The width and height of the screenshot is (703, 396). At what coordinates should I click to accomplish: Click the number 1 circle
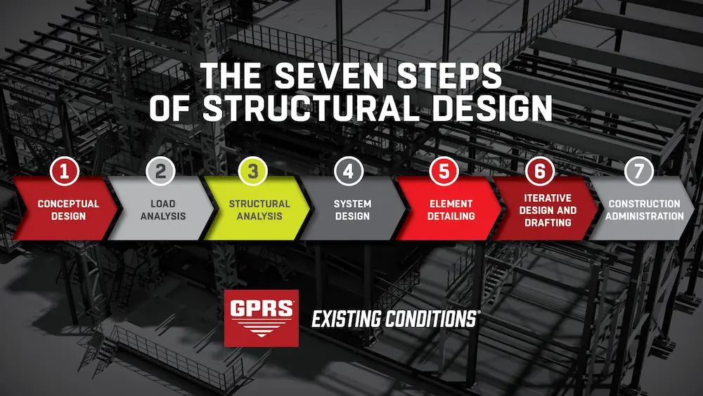pyautogui.click(x=64, y=172)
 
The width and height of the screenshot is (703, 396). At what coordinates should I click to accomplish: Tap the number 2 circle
pyautogui.click(x=160, y=172)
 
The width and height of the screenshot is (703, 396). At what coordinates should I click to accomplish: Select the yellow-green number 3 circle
pyautogui.click(x=254, y=172)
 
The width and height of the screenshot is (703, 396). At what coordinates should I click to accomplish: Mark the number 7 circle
pyautogui.click(x=639, y=172)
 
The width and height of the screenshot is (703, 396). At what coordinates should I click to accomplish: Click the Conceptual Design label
pyautogui.click(x=68, y=210)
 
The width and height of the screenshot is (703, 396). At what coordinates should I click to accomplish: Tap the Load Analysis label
pyautogui.click(x=163, y=210)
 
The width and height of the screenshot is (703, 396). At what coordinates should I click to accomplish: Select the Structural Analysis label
pyautogui.click(x=259, y=210)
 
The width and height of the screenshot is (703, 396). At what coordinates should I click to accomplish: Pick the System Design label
pyautogui.click(x=353, y=210)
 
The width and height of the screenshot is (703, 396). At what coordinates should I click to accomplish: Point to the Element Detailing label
pyautogui.click(x=451, y=210)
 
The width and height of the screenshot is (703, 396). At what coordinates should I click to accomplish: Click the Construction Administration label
pyautogui.click(x=645, y=210)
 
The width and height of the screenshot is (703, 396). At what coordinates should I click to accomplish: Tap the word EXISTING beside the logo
pyautogui.click(x=347, y=319)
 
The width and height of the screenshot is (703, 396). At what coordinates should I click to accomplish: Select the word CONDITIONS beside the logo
pyautogui.click(x=431, y=319)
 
